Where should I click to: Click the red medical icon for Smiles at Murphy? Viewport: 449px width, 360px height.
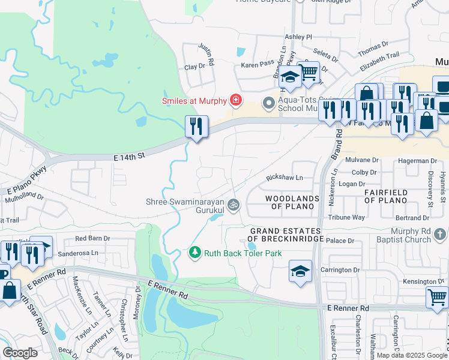(237, 100)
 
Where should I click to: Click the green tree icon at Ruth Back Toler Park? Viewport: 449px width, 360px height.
(194, 253)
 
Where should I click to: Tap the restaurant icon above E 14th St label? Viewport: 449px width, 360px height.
(196, 127)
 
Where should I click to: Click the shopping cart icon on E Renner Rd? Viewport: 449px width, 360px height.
(437, 296)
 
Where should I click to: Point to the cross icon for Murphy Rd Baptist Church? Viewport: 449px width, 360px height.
(441, 233)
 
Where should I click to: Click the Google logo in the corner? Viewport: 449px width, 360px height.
(20, 353)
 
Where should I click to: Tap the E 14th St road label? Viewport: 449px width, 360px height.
(130, 157)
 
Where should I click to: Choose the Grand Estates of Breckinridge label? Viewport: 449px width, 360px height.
(287, 235)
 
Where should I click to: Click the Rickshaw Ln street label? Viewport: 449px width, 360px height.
(285, 178)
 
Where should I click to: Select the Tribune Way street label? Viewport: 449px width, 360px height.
(351, 217)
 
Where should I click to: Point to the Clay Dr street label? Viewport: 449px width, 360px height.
(194, 67)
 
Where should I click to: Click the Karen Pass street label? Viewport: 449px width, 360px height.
(258, 63)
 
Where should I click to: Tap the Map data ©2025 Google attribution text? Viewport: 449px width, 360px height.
(412, 355)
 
